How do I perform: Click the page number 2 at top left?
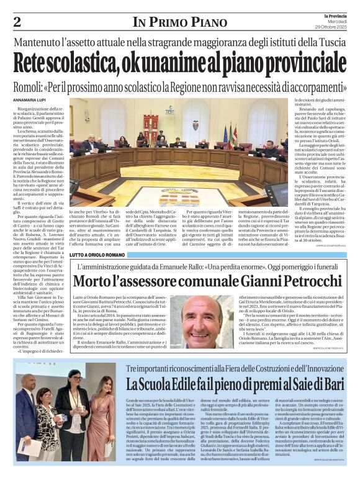(x=17, y=22)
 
